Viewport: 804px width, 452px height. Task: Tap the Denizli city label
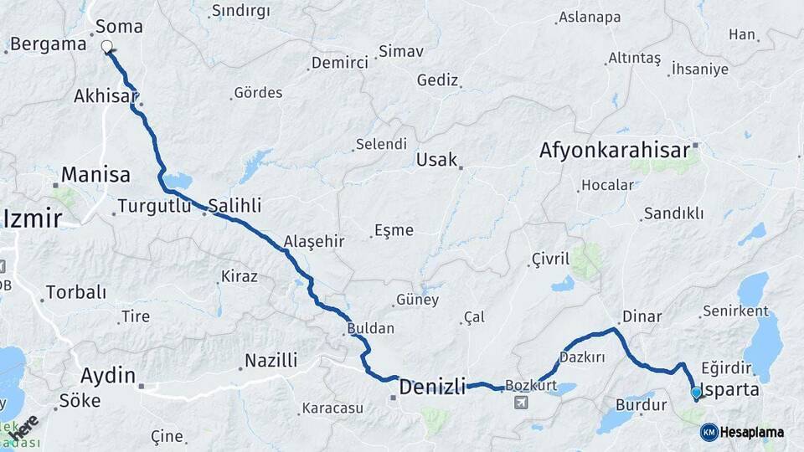click(431, 387)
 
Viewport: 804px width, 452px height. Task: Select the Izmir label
click(33, 219)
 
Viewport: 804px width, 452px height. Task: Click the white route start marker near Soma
click(107, 48)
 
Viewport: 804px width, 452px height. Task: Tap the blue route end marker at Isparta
click(696, 392)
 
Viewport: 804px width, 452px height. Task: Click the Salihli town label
click(234, 205)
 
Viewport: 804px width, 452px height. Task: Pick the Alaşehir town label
click(314, 241)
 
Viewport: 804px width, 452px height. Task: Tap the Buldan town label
click(370, 329)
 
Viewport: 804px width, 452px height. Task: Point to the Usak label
click(436, 159)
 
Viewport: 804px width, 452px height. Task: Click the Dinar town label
click(641, 316)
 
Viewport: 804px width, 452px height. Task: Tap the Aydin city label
click(108, 375)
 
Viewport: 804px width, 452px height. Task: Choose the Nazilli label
click(271, 361)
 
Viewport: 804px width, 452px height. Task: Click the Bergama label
click(49, 44)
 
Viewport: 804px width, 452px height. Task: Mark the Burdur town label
click(641, 405)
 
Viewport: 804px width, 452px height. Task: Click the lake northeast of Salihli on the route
click(178, 180)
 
